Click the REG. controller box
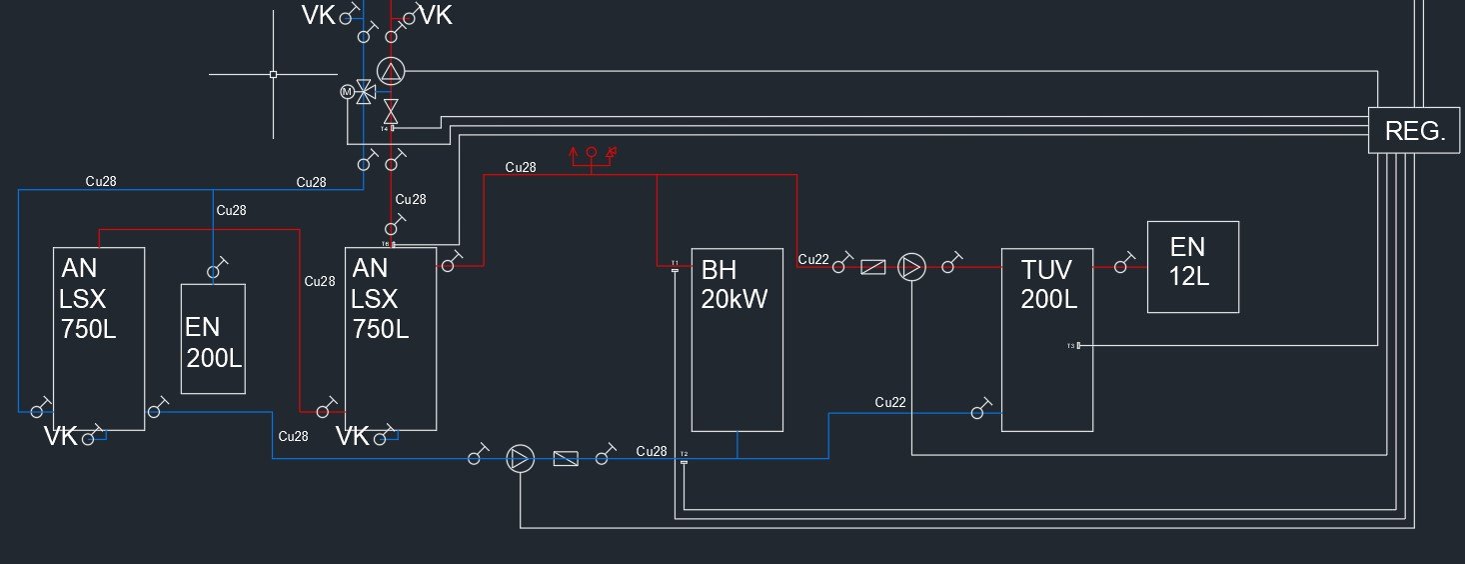tap(1414, 130)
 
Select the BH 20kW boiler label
tap(734, 285)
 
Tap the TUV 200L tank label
tap(1046, 284)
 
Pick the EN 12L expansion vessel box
tap(1192, 266)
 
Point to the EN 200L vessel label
tap(214, 342)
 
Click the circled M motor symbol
tap(348, 92)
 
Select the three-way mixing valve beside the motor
tap(366, 92)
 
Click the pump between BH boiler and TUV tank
tap(911, 267)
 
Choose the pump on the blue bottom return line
tap(520, 458)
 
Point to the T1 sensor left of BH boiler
tap(675, 265)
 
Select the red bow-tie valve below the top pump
tap(391, 106)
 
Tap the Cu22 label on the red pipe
tap(813, 260)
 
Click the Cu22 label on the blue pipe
tap(890, 402)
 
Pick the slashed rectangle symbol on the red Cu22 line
tap(872, 267)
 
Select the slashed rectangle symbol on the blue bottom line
tap(565, 458)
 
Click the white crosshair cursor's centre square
tap(273, 74)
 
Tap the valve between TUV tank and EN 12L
tap(1121, 266)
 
